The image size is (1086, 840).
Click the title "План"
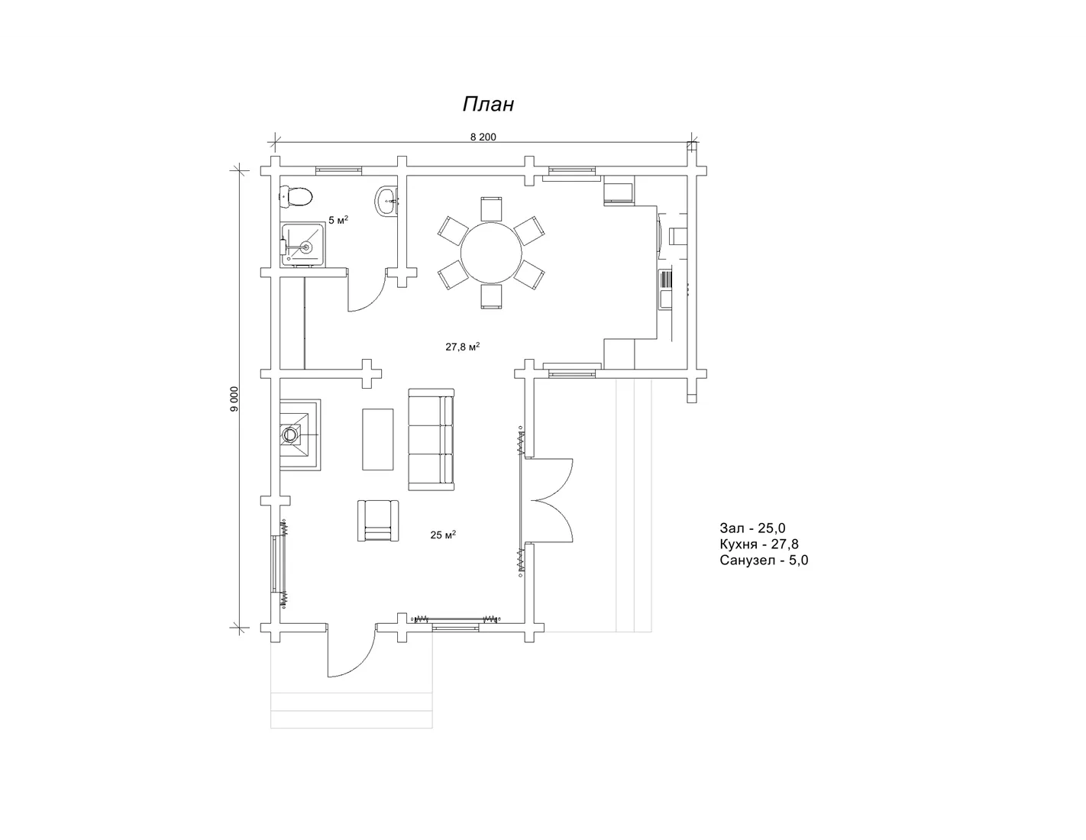[x=488, y=104]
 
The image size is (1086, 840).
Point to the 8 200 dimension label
[x=483, y=137]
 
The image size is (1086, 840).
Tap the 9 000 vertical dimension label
[x=234, y=399]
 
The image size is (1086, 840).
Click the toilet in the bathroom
[x=296, y=196]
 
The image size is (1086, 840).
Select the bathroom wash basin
[x=386, y=202]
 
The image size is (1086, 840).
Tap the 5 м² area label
[x=338, y=220]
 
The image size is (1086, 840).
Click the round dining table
[x=491, y=253]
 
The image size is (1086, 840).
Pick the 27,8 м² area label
[x=462, y=346]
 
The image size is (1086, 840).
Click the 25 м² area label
[x=443, y=535]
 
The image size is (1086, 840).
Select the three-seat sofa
[x=431, y=439]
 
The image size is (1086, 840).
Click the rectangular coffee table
[x=377, y=439]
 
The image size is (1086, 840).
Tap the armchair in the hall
[x=378, y=521]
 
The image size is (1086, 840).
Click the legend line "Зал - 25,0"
[x=752, y=528]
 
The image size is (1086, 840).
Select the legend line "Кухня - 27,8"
[x=759, y=544]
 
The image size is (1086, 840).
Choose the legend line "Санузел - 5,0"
[x=764, y=560]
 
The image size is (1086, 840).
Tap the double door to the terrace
[x=547, y=499]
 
